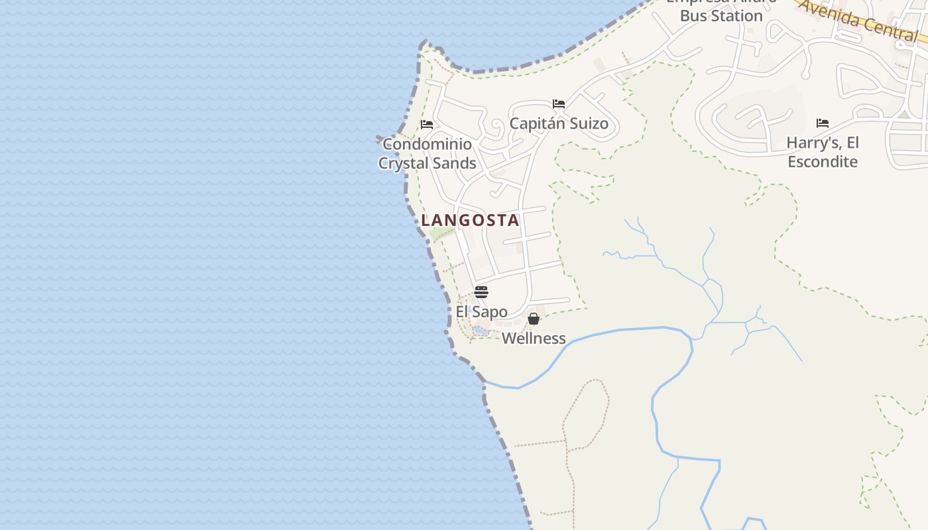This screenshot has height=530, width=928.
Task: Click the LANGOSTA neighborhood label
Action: pos(470,221)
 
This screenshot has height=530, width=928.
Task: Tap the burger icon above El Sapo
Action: pos(481,292)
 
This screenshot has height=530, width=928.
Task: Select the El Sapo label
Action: pos(481,312)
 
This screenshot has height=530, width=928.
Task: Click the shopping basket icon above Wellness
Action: pos(534,319)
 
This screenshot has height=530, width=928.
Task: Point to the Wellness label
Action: pos(534,339)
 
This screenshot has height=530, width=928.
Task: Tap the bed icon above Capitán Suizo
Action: pos(559,104)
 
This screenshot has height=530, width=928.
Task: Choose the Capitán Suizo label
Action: pos(559,124)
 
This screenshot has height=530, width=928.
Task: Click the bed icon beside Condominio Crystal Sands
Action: pos(427,125)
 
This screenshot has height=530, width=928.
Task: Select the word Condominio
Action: pos(428,144)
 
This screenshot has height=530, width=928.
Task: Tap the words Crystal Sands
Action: pos(428,164)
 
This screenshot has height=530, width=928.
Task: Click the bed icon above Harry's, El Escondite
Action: pos(823,123)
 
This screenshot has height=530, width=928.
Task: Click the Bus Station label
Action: pos(721,16)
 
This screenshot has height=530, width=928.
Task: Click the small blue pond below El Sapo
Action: pos(481,330)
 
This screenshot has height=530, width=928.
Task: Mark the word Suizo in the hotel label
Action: pos(587,124)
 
